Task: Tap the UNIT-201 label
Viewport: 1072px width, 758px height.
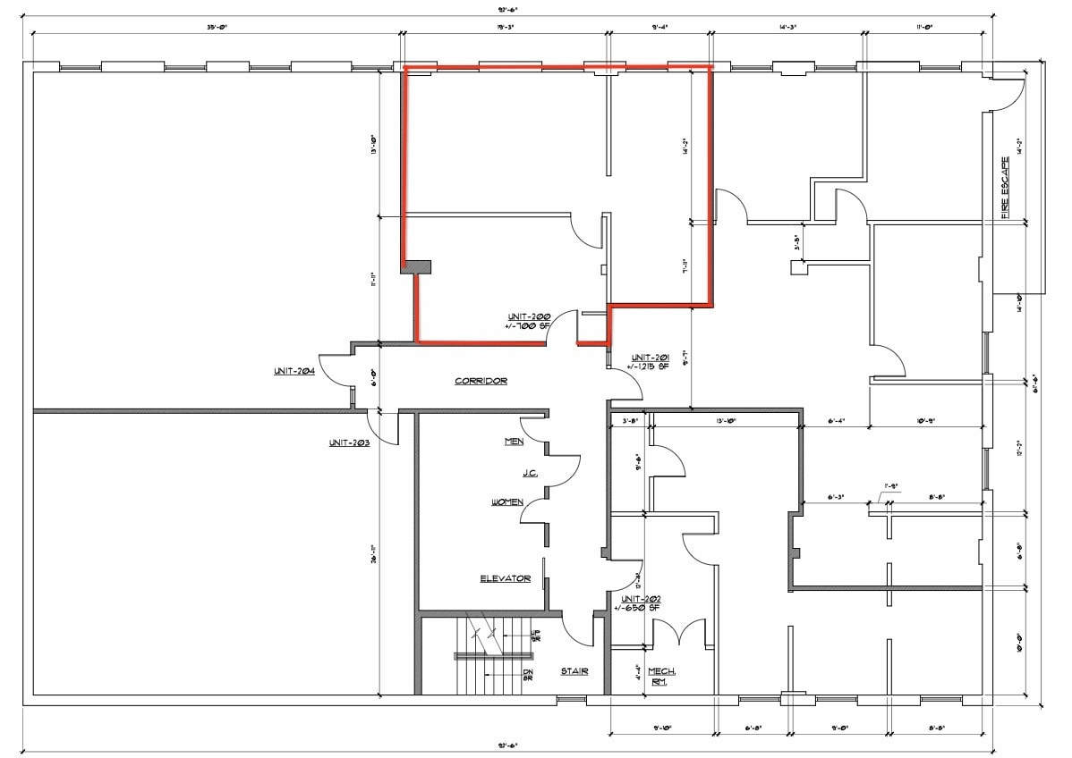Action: coord(650,357)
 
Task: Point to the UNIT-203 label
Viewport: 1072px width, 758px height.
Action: coord(349,442)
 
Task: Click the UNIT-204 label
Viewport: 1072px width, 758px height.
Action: coord(294,371)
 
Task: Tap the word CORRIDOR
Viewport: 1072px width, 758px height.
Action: coord(481,381)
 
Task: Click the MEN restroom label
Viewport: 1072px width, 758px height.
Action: coord(514,442)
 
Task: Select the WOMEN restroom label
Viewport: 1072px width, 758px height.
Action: coord(507,502)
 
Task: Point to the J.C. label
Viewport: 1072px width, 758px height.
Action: coord(530,472)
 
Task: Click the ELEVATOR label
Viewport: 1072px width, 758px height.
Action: coord(505,578)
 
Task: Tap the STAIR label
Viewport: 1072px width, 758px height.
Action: coord(574,671)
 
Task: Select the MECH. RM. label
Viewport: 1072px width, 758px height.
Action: coord(662,677)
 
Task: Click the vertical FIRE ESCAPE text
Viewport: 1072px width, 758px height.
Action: coord(1005,188)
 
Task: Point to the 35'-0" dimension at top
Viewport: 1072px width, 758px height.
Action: coord(217,28)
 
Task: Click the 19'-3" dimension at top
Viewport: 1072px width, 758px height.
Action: coord(506,28)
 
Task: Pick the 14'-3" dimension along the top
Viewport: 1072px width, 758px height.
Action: coord(787,28)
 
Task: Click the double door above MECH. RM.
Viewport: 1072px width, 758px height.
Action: coord(680,630)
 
